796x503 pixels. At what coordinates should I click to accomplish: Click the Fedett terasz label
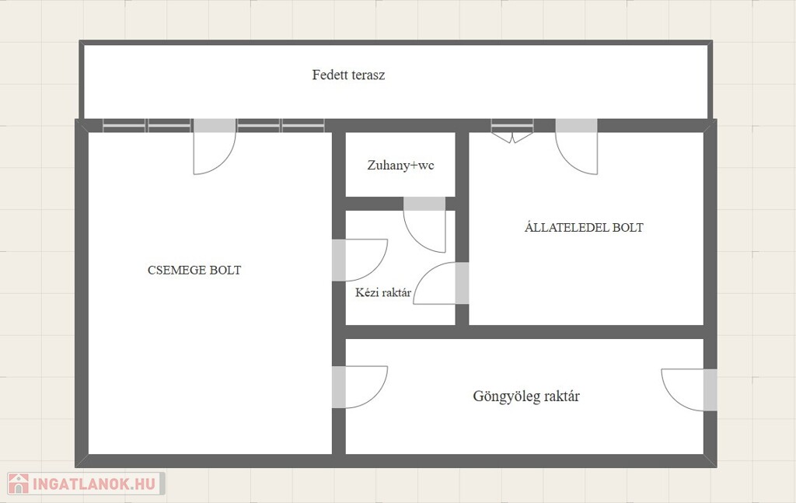click(348, 75)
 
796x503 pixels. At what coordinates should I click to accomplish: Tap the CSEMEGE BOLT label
click(194, 270)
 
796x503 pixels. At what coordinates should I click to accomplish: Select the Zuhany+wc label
click(400, 166)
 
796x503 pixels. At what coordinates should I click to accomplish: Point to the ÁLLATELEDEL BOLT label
click(584, 227)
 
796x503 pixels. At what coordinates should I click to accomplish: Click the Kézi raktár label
click(383, 292)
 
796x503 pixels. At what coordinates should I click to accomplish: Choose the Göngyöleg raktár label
click(526, 396)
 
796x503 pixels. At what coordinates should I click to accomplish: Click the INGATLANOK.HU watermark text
click(93, 484)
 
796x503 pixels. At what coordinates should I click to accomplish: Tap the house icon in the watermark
click(19, 484)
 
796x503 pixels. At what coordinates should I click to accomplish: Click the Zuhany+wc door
click(425, 225)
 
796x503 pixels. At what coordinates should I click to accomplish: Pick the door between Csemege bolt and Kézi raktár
click(360, 260)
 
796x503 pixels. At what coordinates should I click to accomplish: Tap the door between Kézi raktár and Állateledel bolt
click(442, 283)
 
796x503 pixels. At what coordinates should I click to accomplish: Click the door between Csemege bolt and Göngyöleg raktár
click(360, 386)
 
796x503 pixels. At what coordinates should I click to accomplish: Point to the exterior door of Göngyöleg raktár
click(690, 389)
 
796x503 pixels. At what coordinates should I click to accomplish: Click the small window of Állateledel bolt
click(512, 131)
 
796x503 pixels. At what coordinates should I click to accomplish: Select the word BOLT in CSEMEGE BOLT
click(225, 270)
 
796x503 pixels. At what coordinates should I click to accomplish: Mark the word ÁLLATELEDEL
click(567, 227)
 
